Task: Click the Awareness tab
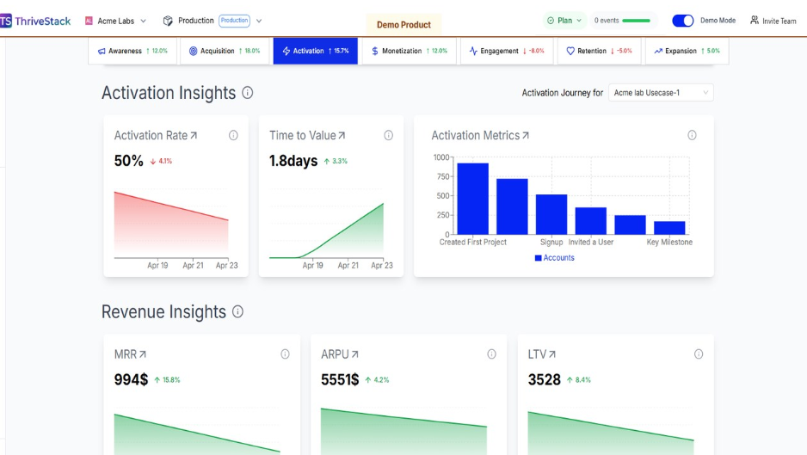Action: [132, 51]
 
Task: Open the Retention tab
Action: [599, 51]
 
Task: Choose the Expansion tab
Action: [686, 51]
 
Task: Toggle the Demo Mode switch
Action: [682, 21]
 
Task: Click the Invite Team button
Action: [773, 21]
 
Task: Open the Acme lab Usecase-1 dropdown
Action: [661, 93]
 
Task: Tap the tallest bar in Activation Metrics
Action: [473, 198]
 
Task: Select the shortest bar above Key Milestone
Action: [669, 227]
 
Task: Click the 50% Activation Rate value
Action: [129, 161]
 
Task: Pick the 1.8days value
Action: [293, 161]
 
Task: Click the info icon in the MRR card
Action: [285, 354]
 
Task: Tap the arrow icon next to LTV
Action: [552, 354]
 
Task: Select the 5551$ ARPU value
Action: [340, 379]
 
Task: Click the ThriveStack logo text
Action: [42, 21]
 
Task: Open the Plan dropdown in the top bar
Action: [564, 21]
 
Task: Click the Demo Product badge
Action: [403, 25]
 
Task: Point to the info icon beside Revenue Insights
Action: [237, 311]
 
